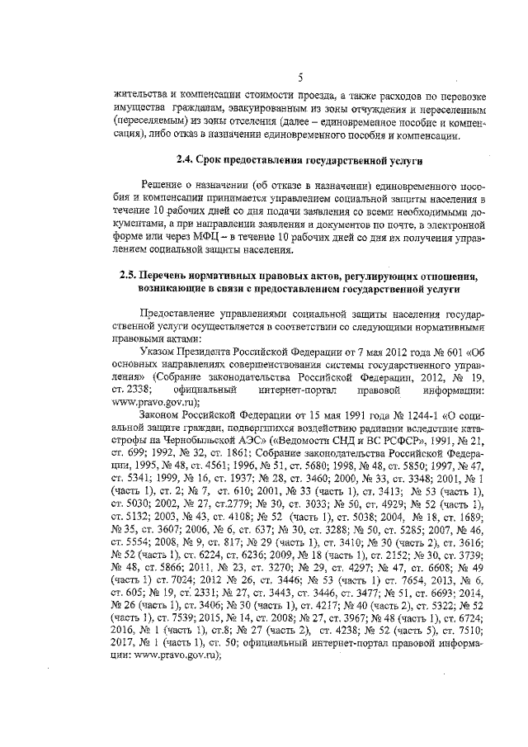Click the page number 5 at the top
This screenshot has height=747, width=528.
pos(300,78)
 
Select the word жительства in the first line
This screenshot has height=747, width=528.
pos(140,96)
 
